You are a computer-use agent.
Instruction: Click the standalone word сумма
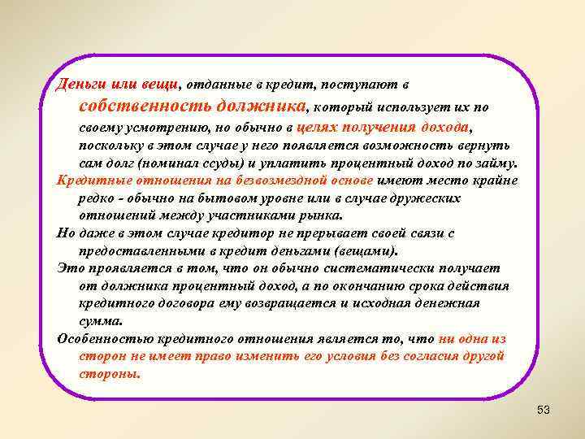point(97,320)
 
